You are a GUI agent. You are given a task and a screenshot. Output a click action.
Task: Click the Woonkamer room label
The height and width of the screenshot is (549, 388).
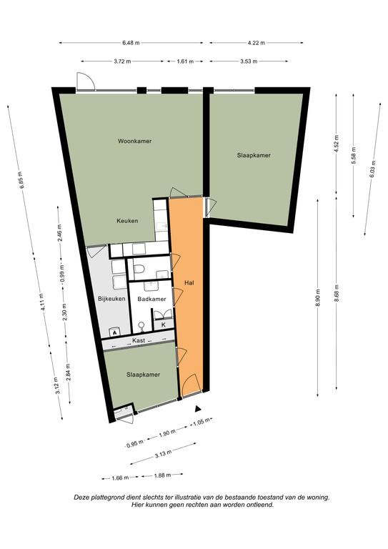135,141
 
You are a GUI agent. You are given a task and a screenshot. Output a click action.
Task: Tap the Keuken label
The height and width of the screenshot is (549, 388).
127,221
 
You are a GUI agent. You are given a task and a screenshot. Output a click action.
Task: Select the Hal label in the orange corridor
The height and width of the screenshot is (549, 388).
189,282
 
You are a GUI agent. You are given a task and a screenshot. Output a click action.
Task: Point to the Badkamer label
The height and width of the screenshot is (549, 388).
151,299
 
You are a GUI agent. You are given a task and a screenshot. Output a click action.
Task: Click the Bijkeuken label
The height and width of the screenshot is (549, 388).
111,299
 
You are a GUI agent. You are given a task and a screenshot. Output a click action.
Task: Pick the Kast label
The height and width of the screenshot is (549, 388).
139,340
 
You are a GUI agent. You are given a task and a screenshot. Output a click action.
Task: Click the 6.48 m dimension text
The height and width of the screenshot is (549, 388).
131,43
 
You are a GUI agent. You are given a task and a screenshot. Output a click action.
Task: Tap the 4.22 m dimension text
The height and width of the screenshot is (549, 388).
256,43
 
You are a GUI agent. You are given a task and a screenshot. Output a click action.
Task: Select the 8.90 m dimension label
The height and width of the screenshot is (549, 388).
317,298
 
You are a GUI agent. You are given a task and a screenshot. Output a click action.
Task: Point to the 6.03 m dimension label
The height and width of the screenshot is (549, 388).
372,169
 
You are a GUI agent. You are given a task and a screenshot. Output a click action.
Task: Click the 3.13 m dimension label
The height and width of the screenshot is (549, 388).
163,454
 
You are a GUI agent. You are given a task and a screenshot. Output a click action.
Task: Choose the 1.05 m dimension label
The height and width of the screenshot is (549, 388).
202,422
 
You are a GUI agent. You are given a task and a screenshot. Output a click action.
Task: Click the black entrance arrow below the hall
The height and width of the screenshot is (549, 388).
198,408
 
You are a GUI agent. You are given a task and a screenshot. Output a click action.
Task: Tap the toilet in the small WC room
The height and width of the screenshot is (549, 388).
139,269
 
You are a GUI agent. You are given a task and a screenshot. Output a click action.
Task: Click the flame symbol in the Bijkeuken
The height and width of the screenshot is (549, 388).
114,333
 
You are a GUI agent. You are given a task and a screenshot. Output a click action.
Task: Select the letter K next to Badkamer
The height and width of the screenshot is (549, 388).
163,325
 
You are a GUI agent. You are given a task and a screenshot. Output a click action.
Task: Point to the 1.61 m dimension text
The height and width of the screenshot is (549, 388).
185,61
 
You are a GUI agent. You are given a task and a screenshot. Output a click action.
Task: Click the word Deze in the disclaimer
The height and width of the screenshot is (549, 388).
80,498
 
